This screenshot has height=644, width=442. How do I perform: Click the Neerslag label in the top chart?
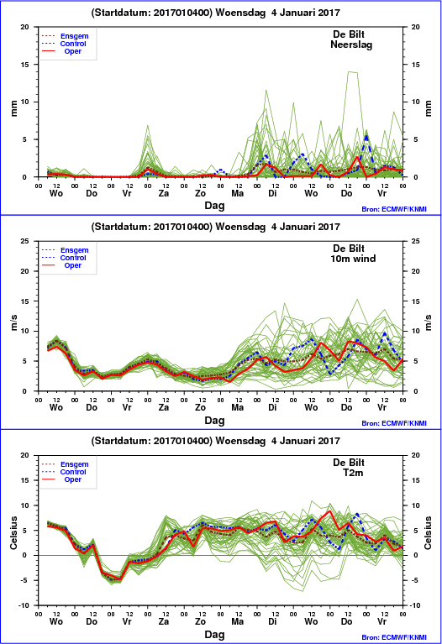click(x=351, y=45)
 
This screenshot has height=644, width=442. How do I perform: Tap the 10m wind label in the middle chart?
click(x=353, y=259)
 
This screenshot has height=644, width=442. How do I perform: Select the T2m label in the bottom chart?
click(x=353, y=473)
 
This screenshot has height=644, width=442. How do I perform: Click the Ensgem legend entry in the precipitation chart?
click(x=75, y=36)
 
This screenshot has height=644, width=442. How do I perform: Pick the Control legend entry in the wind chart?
click(x=73, y=258)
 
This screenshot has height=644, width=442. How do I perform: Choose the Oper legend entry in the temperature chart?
click(x=73, y=479)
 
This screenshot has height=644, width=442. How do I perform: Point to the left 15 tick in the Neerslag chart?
click(x=25, y=65)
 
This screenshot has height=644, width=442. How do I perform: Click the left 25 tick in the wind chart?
click(x=25, y=241)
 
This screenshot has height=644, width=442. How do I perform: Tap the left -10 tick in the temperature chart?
click(x=24, y=605)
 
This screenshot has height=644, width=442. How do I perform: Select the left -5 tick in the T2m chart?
click(x=25, y=580)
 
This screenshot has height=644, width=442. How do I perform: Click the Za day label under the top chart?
click(x=164, y=193)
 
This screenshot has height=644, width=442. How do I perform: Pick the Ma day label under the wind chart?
click(x=237, y=407)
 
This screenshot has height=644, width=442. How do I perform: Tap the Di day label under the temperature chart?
click(x=272, y=621)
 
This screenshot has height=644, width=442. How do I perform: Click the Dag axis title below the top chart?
click(x=214, y=206)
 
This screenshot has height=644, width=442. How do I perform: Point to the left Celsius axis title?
click(x=13, y=532)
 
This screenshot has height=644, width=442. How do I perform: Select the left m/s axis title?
click(x=13, y=322)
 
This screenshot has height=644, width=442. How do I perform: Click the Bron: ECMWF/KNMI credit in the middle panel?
click(x=394, y=423)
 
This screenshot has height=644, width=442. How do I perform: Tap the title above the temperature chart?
click(x=215, y=441)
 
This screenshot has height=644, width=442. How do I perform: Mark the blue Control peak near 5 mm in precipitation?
click(x=366, y=136)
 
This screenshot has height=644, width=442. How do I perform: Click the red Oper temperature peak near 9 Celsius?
click(x=329, y=511)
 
